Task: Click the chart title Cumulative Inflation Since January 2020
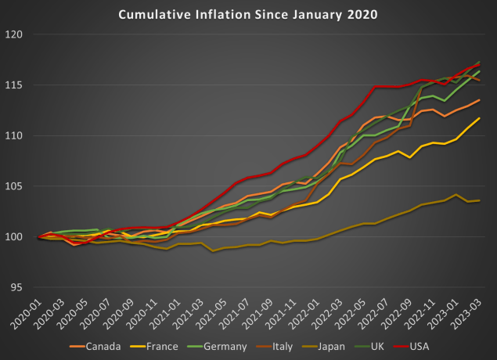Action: pyautogui.click(x=247, y=13)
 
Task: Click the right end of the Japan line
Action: pyautogui.click(x=480, y=201)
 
